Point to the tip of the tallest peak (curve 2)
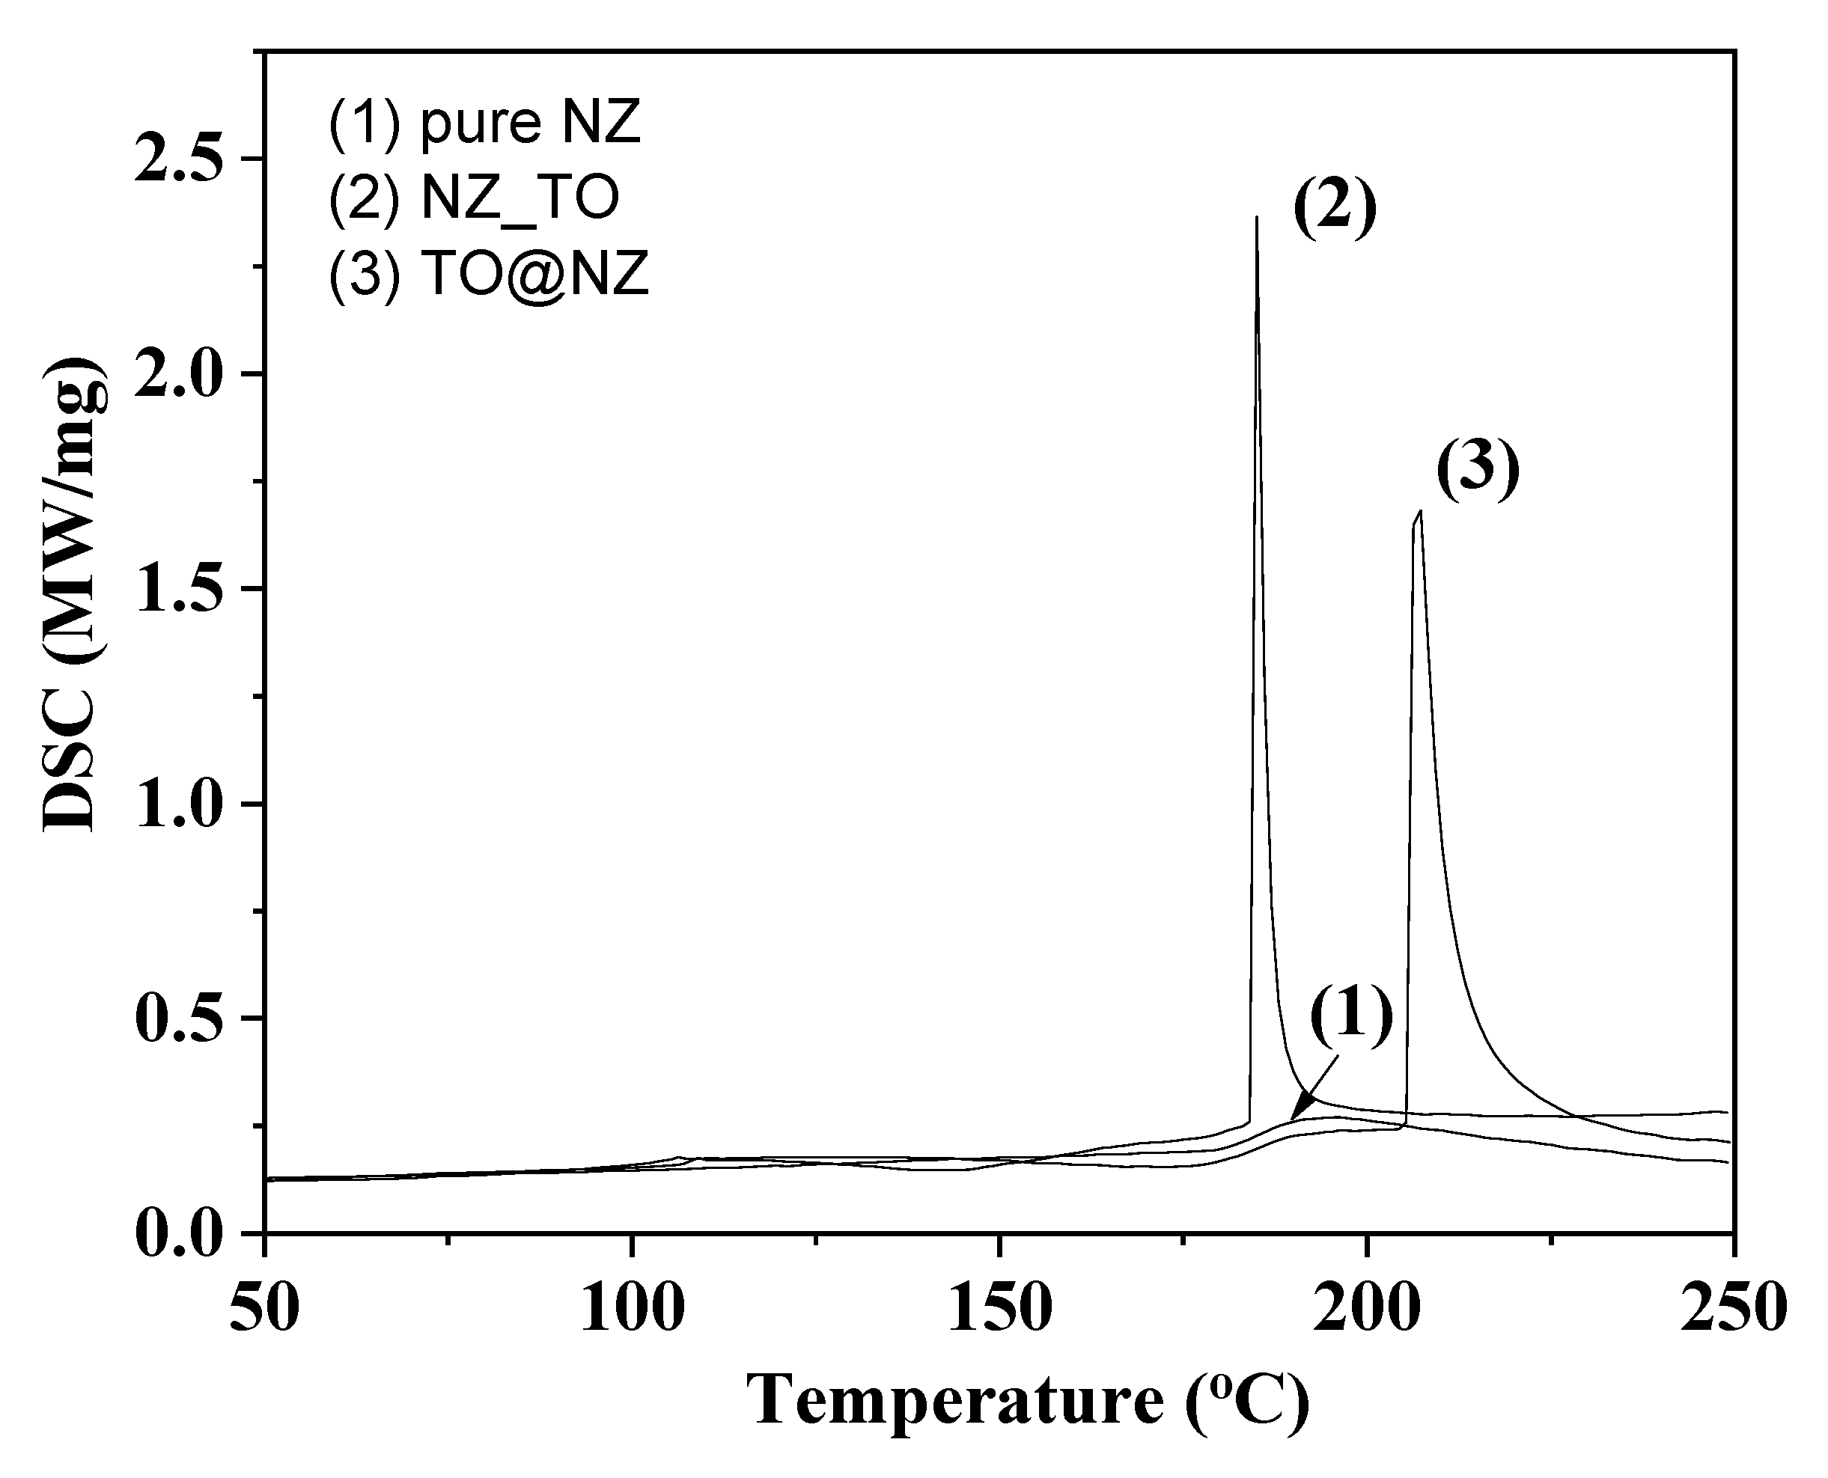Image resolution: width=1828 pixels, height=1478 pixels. pos(1257,218)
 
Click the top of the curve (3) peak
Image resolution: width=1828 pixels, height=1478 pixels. pos(1419,512)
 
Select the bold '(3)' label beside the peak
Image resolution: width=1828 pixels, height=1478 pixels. pos(1477,469)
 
